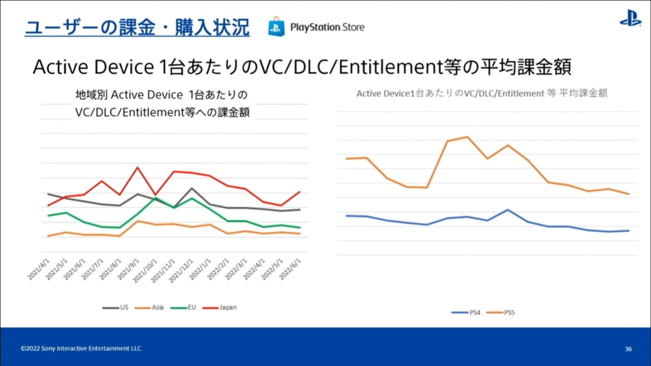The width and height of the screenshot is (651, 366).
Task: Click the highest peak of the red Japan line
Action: point(137,167)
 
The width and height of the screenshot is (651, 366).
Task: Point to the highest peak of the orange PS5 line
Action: point(467,137)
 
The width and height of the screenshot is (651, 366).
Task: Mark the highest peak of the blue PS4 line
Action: point(508,210)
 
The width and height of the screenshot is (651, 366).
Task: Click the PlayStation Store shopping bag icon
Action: point(276,27)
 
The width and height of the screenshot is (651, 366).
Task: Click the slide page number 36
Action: point(628,349)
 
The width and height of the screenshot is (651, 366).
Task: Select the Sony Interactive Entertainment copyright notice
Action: point(81,348)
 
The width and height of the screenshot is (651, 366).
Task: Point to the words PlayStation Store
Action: point(327,28)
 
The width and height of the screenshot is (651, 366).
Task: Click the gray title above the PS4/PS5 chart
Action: point(481,94)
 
